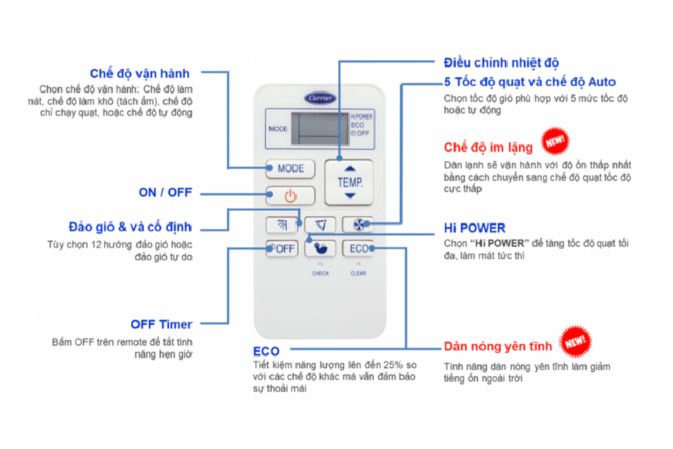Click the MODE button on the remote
pos(290,168)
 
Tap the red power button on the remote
pos(290,197)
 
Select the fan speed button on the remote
pos(357,224)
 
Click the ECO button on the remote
pos(357,249)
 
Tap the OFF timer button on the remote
pos(282,249)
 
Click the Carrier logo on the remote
pos(319,98)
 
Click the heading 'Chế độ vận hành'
pos(140,73)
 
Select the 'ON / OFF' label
pos(165,192)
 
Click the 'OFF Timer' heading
pos(161,324)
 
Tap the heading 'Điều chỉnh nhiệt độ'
pos(501,63)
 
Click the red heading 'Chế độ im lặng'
pos(488,147)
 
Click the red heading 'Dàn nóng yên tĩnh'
pos(497,346)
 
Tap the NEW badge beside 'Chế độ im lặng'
pos(554,140)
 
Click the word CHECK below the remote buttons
pos(320,274)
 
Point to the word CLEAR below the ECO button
pos(358,274)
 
